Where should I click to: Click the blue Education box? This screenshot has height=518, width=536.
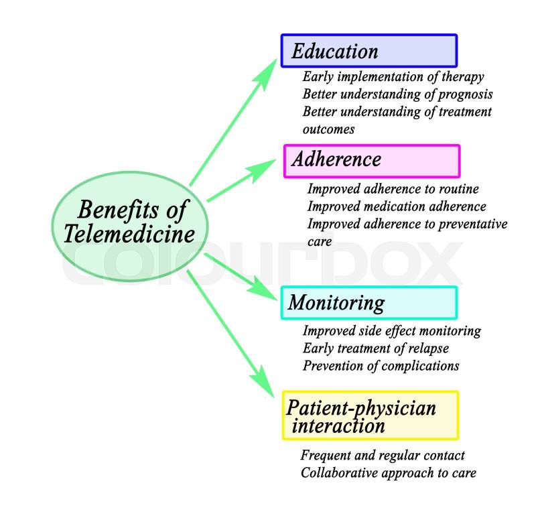tap(368, 51)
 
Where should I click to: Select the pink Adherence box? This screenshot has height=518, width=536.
tap(372, 161)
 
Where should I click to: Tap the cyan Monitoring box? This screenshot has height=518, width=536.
tap(369, 303)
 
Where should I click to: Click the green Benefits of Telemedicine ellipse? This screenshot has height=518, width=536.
tap(130, 221)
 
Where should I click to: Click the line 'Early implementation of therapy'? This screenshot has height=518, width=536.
tap(393, 77)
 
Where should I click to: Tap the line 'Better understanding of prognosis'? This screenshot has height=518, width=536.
tap(397, 94)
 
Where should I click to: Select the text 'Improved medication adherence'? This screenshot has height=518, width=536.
tap(397, 206)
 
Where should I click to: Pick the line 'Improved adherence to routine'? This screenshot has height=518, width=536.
tap(393, 190)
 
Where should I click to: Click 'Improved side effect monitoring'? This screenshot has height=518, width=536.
tap(392, 331)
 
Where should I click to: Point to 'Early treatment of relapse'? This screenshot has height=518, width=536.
tap(376, 348)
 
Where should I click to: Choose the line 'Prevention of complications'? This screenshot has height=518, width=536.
tap(381, 366)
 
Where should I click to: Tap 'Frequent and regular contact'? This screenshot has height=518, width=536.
tap(383, 456)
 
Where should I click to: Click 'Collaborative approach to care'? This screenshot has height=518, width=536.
tap(389, 473)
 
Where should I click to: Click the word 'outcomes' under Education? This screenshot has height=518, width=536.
tap(328, 128)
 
